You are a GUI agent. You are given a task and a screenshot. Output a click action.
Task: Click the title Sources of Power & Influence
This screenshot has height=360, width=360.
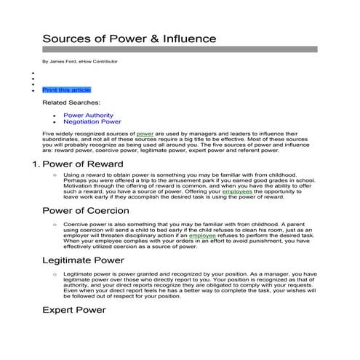point(129,38)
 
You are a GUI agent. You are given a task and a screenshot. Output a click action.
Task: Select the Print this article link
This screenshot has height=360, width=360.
point(66,89)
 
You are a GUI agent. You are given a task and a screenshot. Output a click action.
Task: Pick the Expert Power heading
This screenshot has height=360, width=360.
point(75,310)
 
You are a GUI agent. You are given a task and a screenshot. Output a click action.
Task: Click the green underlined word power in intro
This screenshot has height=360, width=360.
point(144,135)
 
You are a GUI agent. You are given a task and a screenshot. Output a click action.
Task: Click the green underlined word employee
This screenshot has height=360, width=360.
point(203,236)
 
